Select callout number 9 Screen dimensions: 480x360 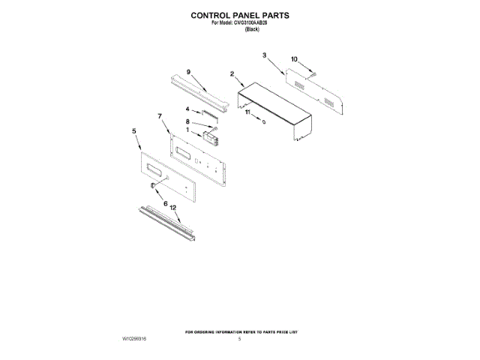[188, 71]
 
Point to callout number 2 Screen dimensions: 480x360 [232, 74]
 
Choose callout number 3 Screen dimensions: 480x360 [265, 55]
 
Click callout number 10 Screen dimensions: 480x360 [294, 58]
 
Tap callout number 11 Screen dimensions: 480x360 [247, 112]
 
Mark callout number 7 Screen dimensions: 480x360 [160, 115]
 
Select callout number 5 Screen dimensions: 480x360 [133, 130]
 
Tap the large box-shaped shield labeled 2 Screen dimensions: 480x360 [274, 109]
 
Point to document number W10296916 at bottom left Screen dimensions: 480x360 [134, 339]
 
